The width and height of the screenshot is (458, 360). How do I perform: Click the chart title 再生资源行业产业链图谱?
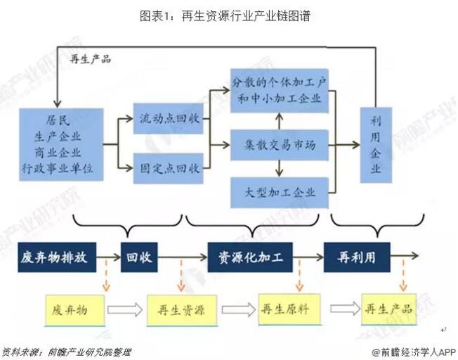coord(228,15)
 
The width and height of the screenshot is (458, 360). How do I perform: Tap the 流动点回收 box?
coord(166,121)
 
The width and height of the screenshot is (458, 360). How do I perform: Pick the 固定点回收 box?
coord(166,168)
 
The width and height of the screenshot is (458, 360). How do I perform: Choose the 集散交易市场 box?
coord(280,146)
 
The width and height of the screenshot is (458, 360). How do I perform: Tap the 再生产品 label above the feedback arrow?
coord(91,59)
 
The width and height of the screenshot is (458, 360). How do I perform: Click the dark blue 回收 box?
coord(139,257)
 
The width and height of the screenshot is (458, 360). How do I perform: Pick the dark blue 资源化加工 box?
coord(249,257)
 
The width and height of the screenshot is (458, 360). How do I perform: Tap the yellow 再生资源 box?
coord(176,309)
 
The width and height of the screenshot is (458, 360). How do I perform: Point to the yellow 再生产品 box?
coord(388,309)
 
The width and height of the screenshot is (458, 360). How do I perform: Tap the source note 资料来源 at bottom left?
coord(67,351)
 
